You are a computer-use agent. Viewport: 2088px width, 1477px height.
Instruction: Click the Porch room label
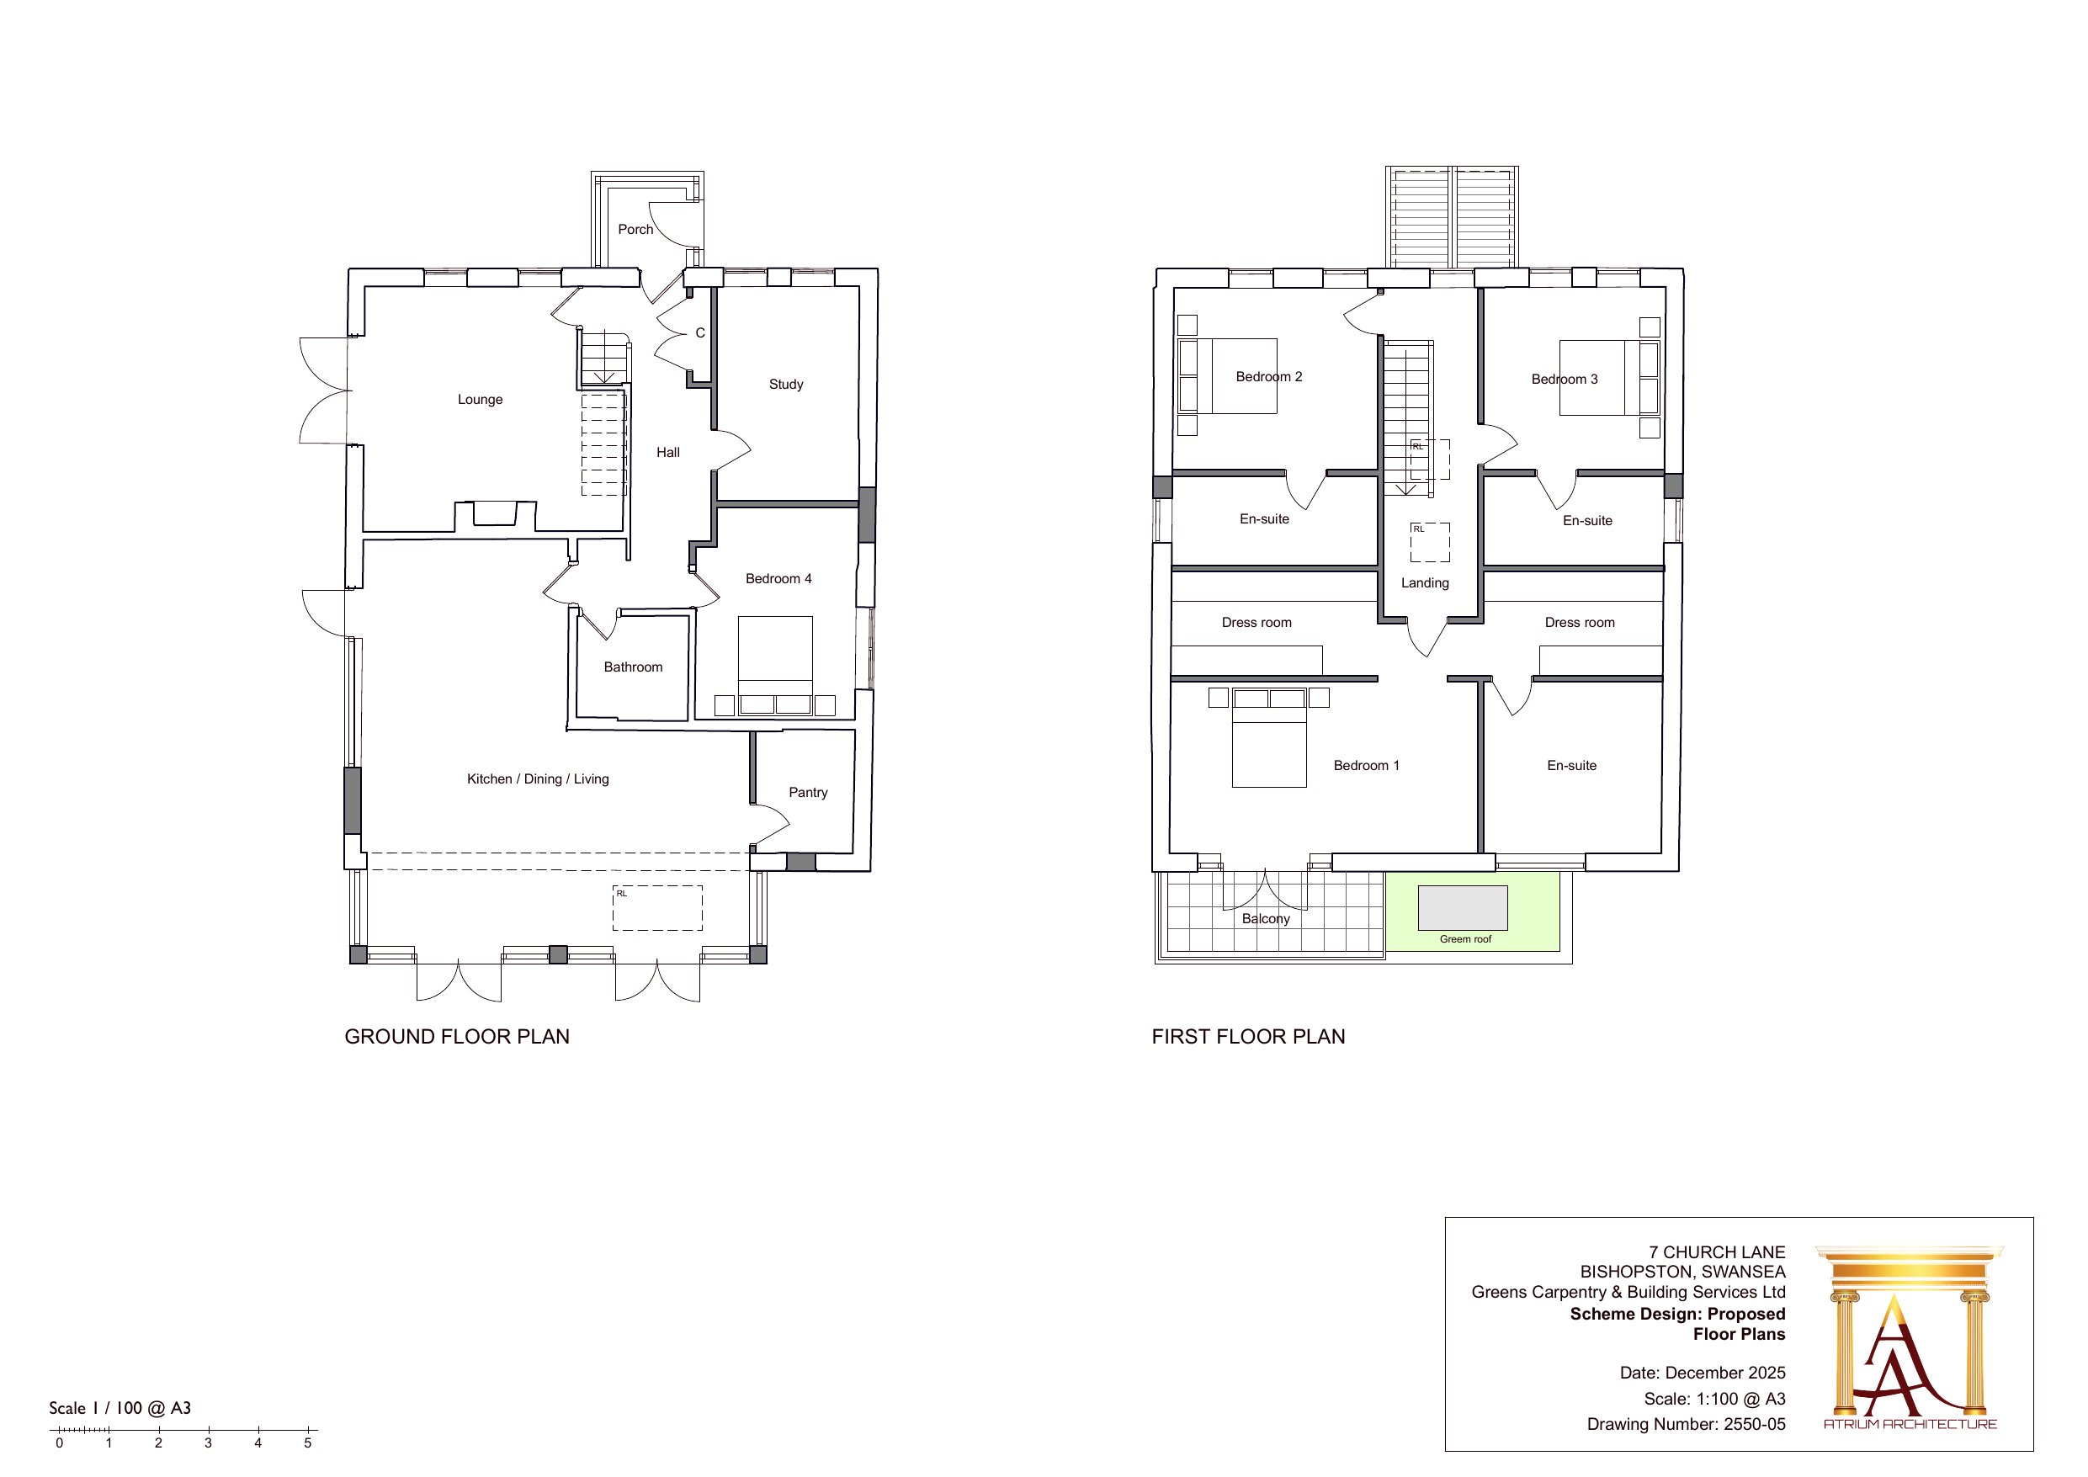pos(635,229)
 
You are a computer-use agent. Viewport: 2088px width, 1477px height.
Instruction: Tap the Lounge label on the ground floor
pos(481,399)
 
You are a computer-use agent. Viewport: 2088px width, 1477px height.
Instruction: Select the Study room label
pos(786,385)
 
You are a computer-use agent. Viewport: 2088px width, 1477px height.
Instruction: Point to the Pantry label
pos(809,792)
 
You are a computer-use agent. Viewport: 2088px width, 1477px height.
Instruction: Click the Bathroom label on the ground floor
pos(633,667)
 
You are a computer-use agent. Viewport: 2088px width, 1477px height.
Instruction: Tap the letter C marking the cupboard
pos(700,333)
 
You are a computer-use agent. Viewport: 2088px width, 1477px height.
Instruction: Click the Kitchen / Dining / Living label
pos(538,778)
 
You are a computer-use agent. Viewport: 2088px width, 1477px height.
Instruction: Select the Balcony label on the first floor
pos(1266,918)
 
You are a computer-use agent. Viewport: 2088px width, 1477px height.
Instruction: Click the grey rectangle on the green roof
pos(1464,908)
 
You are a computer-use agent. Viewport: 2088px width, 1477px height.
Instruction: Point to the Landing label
pos(1425,583)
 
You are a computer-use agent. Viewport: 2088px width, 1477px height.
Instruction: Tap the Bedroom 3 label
pos(1565,380)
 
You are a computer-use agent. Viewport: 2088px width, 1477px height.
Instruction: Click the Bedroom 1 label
pos(1366,766)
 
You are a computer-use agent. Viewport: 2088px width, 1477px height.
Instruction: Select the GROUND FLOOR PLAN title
pos(456,1037)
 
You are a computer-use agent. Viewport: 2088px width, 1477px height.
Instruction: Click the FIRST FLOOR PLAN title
pos(1248,1037)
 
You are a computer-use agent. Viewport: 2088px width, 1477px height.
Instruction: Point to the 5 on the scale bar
pos(307,1443)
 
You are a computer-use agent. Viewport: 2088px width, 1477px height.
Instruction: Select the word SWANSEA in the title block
pos(1743,1272)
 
